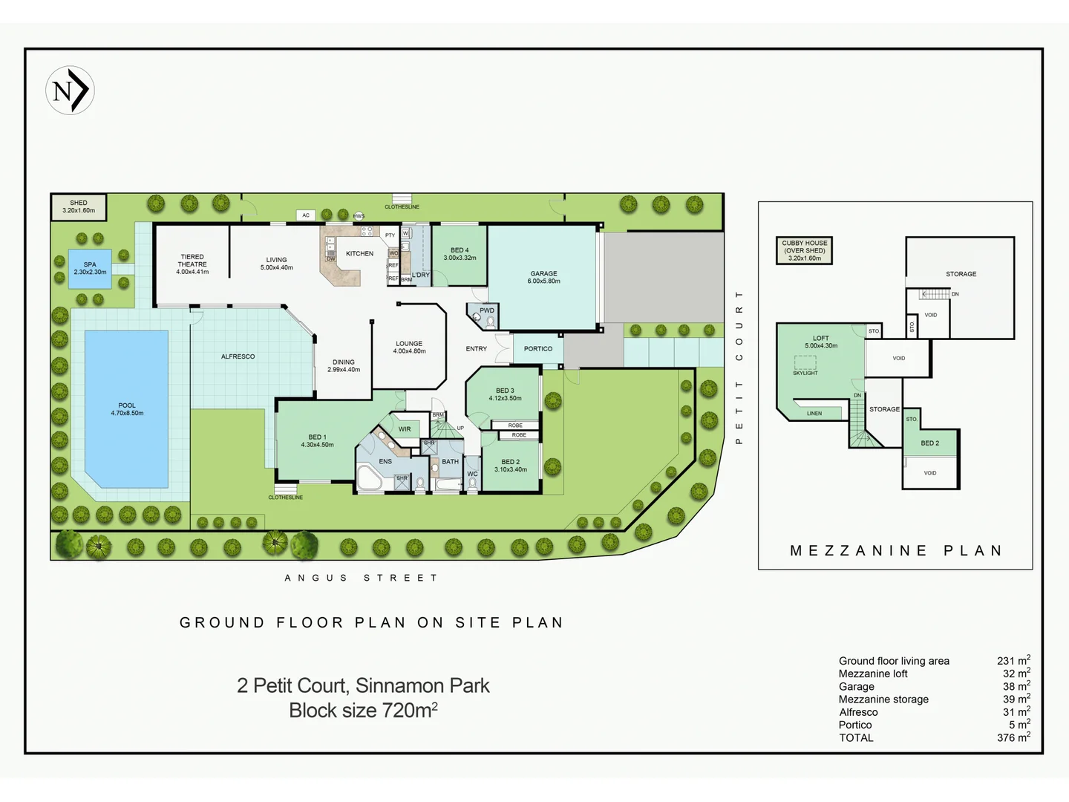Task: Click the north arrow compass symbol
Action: click(70, 91)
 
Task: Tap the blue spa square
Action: click(90, 269)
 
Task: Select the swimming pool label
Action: click(127, 409)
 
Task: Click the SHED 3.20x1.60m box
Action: click(79, 207)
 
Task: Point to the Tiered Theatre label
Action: click(192, 264)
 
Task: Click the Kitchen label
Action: click(359, 254)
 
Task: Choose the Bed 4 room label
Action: click(460, 254)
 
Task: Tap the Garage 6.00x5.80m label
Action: click(543, 277)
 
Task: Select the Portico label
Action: click(538, 349)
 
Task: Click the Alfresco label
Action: click(238, 356)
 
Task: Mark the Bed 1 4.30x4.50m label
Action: click(317, 441)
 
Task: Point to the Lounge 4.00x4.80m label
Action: click(409, 348)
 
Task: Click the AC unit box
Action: click(306, 215)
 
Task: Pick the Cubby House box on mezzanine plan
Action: click(804, 250)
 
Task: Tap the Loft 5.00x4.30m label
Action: click(820, 342)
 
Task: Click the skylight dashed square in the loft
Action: click(805, 362)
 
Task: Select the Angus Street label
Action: click(362, 578)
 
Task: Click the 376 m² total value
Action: click(1013, 737)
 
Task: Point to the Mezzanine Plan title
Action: click(896, 551)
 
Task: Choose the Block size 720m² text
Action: click(363, 711)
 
